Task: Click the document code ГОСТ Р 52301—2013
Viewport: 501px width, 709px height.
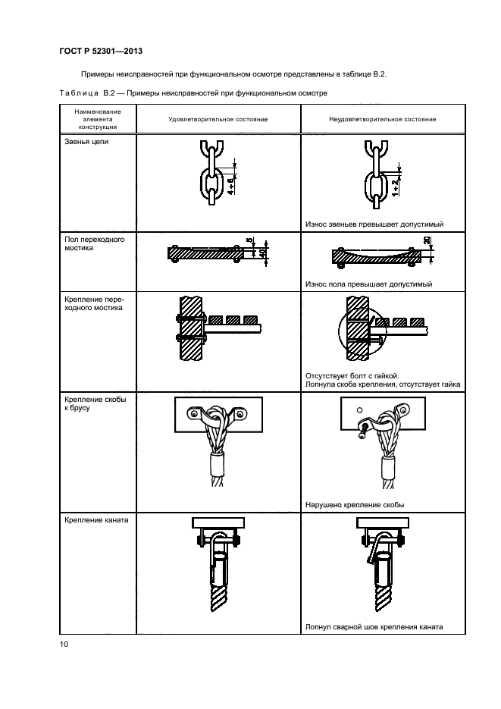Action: [101, 51]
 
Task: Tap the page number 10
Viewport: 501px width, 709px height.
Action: [64, 644]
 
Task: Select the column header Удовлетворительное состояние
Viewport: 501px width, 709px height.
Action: [218, 119]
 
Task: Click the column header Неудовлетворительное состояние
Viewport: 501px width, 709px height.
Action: [383, 119]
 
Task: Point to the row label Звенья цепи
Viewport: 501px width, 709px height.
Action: [86, 142]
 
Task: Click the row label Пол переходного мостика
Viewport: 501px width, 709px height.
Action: [95, 243]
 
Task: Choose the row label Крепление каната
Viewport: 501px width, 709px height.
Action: [96, 520]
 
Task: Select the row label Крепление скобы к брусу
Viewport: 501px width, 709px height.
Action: [96, 403]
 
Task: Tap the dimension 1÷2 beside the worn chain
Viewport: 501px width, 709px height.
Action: [395, 187]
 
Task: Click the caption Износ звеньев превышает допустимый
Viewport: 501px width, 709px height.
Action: [374, 224]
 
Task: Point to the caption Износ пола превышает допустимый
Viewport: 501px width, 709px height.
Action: [368, 284]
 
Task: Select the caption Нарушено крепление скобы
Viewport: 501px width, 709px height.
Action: [355, 504]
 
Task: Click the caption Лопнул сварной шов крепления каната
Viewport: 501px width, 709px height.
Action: [374, 627]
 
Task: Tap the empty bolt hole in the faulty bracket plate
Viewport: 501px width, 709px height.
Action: [359, 410]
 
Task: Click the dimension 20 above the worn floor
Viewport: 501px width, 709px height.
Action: [427, 240]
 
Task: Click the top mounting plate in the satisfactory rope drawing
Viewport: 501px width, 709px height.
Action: [218, 522]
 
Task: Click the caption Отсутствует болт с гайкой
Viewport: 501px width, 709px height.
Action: [352, 376]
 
